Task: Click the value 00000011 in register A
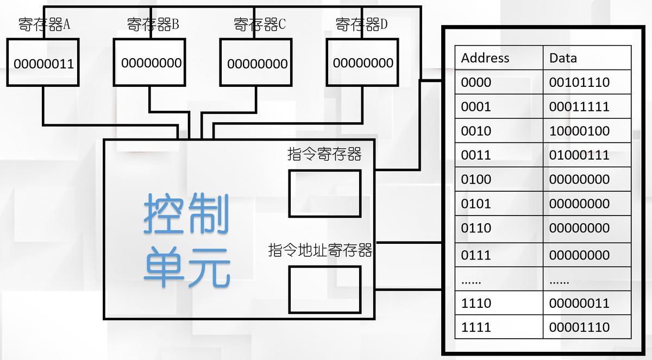[x=43, y=64]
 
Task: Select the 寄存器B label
[x=153, y=24]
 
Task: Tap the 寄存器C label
[x=259, y=24]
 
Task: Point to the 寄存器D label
[x=361, y=24]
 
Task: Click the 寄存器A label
[x=45, y=25]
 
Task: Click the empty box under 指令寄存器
[x=324, y=193]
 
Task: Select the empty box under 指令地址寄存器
[x=324, y=289]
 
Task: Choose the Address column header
[x=485, y=58]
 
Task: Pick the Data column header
[x=563, y=58]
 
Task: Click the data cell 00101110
[x=579, y=83]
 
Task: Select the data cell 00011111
[x=579, y=107]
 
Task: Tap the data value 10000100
[x=579, y=131]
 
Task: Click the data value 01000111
[x=579, y=155]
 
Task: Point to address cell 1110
[x=476, y=304]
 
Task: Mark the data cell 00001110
[x=579, y=327]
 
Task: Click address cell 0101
[x=476, y=204]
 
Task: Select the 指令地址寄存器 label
[x=320, y=251]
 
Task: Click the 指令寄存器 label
[x=324, y=155]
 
